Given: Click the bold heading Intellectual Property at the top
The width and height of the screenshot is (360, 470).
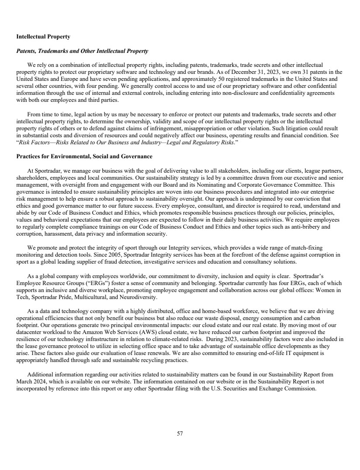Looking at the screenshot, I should pos(43,36).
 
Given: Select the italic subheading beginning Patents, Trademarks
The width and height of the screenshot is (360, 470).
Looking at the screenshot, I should pos(82,51).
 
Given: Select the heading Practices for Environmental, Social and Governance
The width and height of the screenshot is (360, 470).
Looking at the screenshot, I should pos(84,156).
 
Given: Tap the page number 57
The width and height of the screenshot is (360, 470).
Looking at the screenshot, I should pos(180,434).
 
